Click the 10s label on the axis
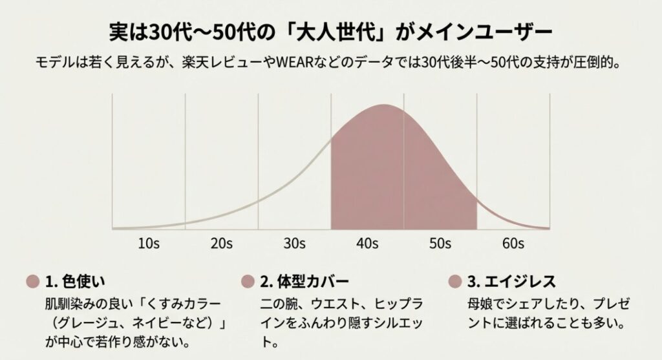149,244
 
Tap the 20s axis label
222,244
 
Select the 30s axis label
294,244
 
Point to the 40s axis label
367,244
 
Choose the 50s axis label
440,244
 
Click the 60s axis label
513,244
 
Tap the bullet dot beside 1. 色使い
33,282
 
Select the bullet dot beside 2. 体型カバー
247,282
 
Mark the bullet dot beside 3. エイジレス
454,282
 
